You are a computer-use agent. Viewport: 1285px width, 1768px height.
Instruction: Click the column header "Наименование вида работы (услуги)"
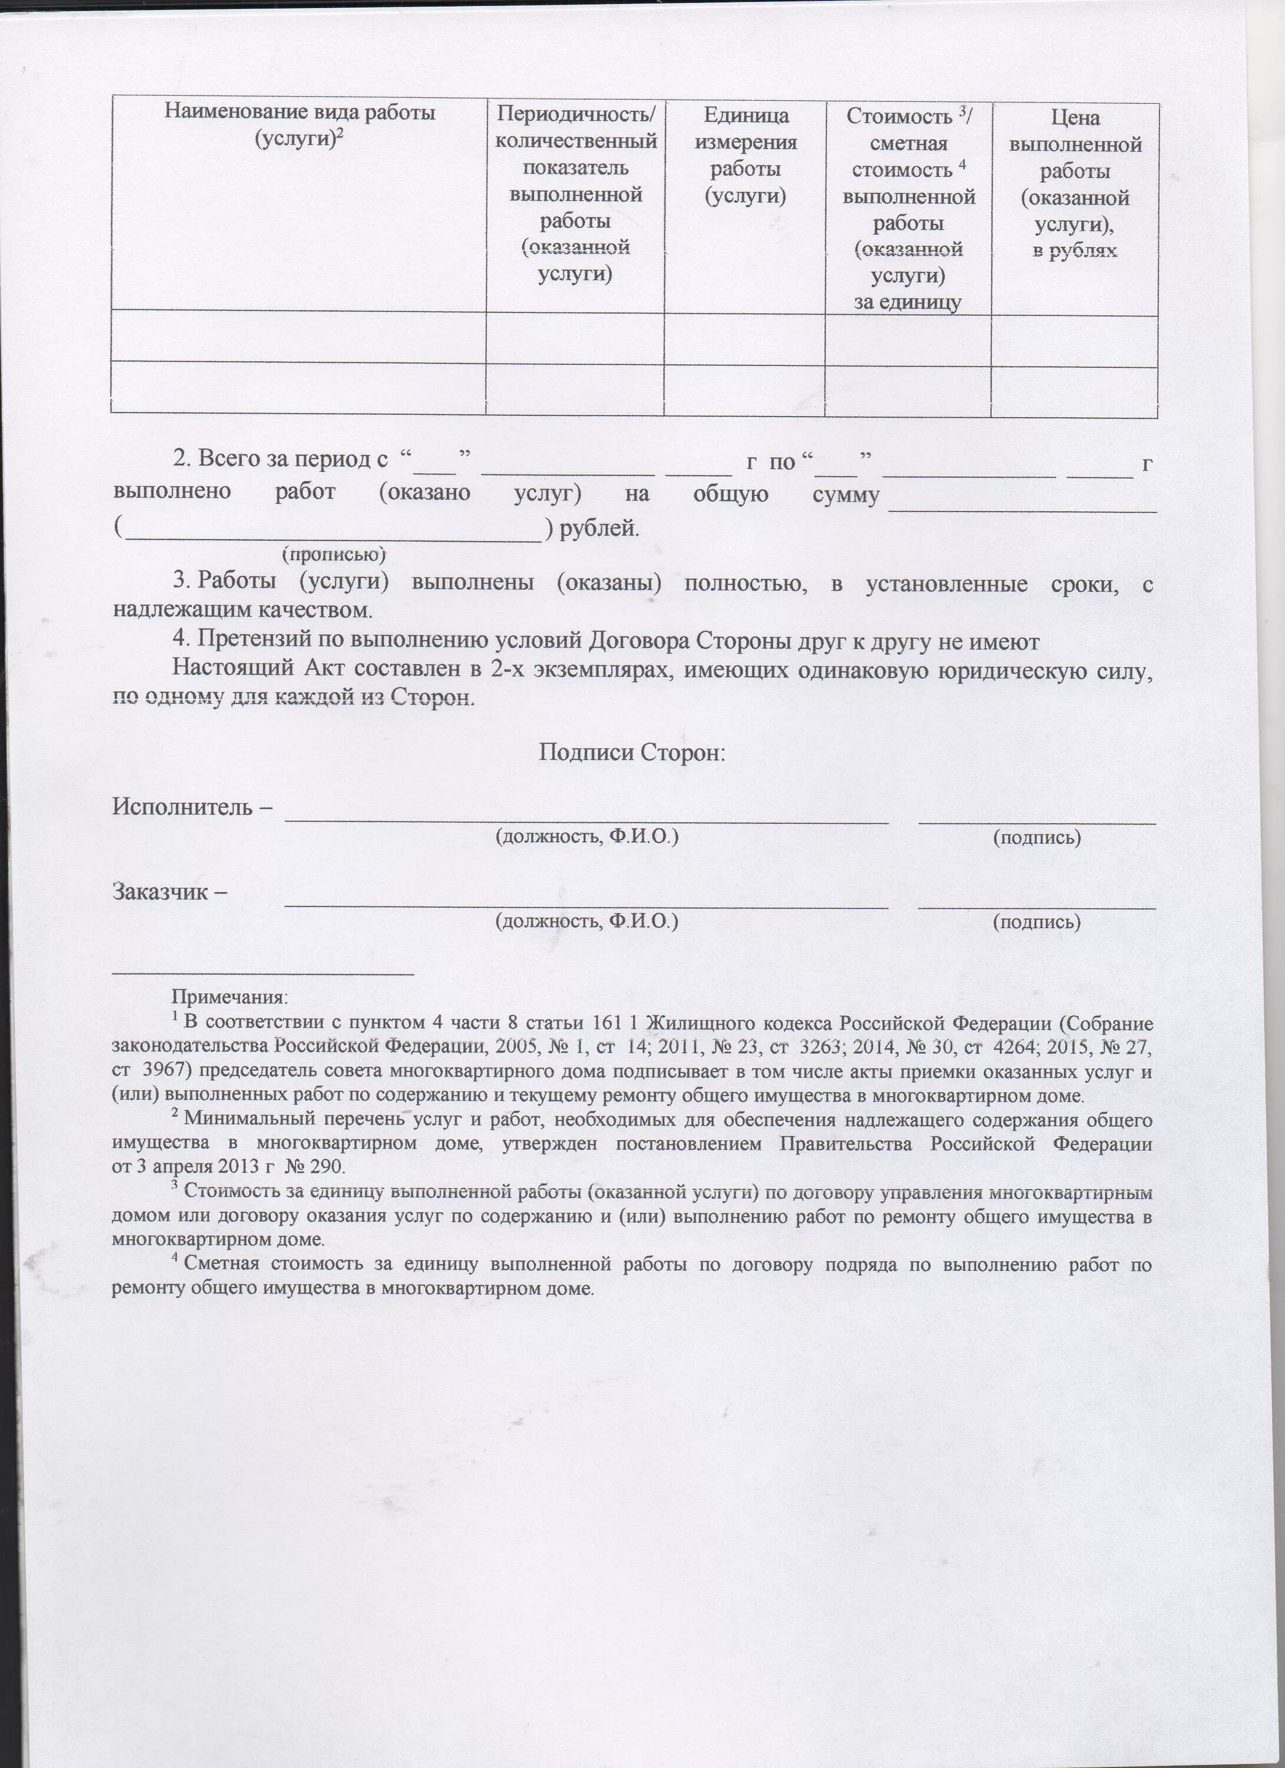click(x=299, y=126)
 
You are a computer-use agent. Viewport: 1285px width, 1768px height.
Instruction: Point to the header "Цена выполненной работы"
click(x=1075, y=184)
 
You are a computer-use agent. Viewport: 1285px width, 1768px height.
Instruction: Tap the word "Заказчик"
click(x=162, y=890)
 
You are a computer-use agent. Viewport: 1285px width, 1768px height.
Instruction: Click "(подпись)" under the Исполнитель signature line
click(x=1036, y=837)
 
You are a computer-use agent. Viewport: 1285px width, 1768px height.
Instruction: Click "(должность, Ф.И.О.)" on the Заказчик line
click(x=587, y=921)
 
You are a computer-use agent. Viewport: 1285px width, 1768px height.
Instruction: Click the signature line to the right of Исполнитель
click(x=1037, y=819)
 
